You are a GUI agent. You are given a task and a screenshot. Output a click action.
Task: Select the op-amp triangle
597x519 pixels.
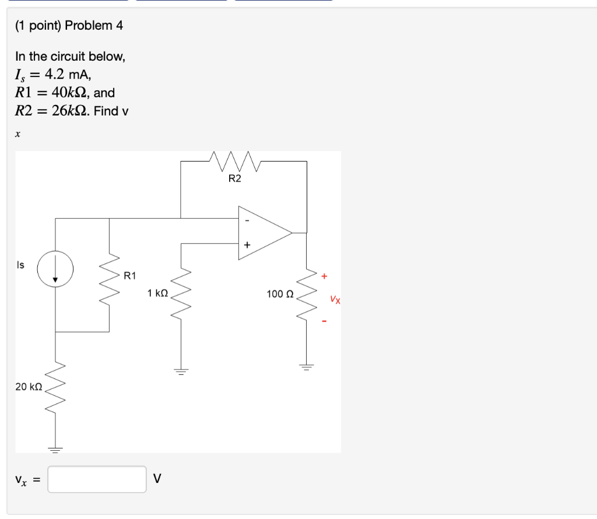pyautogui.click(x=262, y=233)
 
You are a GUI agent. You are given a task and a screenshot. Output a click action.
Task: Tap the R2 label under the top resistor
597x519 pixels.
pyautogui.click(x=234, y=178)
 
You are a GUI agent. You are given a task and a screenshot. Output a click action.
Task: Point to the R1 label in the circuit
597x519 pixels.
pyautogui.click(x=130, y=275)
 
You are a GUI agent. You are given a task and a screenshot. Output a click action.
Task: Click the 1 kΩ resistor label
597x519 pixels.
pyautogui.click(x=158, y=293)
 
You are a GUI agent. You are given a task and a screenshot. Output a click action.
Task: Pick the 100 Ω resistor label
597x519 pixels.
pyautogui.click(x=280, y=294)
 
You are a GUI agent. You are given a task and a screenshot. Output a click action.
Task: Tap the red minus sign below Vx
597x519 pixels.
pyautogui.click(x=325, y=321)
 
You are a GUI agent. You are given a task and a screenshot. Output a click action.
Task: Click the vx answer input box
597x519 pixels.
pyautogui.click(x=97, y=479)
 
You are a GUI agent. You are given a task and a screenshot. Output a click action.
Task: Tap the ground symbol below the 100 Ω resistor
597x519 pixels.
pyautogui.click(x=305, y=367)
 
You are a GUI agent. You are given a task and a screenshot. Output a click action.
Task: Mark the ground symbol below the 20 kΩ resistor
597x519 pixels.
pyautogui.click(x=55, y=450)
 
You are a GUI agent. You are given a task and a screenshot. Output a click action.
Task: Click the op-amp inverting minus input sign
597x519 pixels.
pyautogui.click(x=247, y=220)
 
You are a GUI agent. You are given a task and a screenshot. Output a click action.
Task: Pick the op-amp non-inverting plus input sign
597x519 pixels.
pyautogui.click(x=247, y=246)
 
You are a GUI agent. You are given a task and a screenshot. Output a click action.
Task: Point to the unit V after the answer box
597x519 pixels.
pyautogui.click(x=156, y=479)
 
